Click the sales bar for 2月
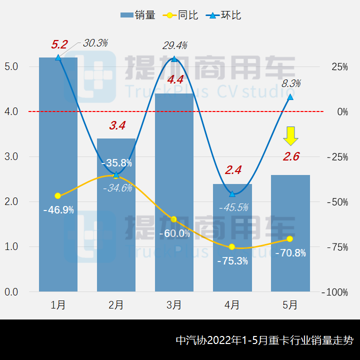[x=116, y=240]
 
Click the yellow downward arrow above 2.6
[x=290, y=135]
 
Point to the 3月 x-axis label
[x=173, y=305]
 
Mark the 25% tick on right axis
[x=339, y=66]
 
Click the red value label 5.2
[x=59, y=44]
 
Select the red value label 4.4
[x=175, y=79]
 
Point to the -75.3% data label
[x=232, y=260]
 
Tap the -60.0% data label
[x=174, y=233]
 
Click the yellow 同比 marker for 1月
[x=58, y=195]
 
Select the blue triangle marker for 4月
[x=232, y=193]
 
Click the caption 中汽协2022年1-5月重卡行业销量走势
[x=264, y=341]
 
